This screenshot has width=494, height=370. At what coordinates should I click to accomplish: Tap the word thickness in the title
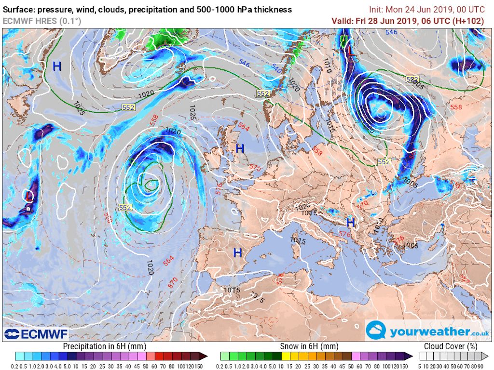tap(270, 10)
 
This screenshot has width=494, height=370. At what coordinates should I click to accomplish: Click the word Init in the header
tap(376, 10)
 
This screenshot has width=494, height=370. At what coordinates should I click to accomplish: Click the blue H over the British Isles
tap(240, 149)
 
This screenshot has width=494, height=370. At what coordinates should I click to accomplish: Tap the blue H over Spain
tap(237, 253)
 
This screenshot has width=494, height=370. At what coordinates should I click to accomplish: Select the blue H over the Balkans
tap(350, 223)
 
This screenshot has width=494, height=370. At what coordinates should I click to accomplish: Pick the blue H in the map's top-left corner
tap(57, 66)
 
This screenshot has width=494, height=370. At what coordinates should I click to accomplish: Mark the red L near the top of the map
tap(349, 49)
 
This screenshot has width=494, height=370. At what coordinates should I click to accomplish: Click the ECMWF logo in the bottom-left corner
tap(36, 333)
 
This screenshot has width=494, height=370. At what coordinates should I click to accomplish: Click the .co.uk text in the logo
tap(479, 332)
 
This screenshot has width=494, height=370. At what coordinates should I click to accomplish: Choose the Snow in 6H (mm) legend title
tap(309, 346)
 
